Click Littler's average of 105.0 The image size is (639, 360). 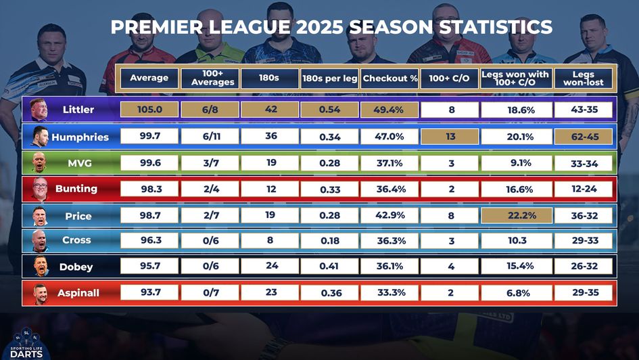(x=149, y=110)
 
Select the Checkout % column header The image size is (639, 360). (x=389, y=78)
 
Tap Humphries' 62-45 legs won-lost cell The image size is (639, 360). (x=583, y=137)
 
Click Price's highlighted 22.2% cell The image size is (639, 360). (x=516, y=216)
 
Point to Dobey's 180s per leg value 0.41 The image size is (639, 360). (x=329, y=267)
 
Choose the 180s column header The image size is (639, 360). (x=269, y=78)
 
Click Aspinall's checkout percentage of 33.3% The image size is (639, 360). (x=389, y=293)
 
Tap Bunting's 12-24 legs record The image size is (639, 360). (x=583, y=189)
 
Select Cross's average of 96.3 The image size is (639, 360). (x=149, y=240)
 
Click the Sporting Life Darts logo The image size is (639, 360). (x=26, y=343)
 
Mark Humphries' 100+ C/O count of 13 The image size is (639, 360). (x=450, y=137)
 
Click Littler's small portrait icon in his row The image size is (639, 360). (x=39, y=110)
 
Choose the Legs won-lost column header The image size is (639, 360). (x=583, y=78)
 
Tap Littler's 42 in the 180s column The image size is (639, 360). (x=270, y=110)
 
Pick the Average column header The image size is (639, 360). (x=149, y=78)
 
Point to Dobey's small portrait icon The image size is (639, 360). (x=40, y=267)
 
